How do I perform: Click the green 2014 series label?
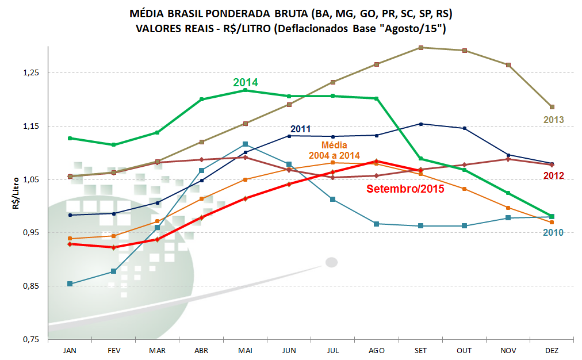(246, 82)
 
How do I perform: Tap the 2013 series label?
(553, 120)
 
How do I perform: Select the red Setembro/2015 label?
(405, 188)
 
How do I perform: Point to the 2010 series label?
(553, 232)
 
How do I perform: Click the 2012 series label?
(553, 175)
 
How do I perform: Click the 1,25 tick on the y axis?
(29, 72)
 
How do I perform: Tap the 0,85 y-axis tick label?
(29, 286)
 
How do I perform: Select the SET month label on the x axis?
(420, 350)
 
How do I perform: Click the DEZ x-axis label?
(552, 350)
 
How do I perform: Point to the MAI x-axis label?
(245, 350)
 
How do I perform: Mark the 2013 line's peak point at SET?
(421, 48)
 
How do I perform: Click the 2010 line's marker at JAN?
(70, 284)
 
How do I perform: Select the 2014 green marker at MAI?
(245, 90)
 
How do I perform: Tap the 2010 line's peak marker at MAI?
(245, 144)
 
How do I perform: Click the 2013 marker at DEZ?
(552, 107)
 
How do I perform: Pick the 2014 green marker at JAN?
(70, 138)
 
